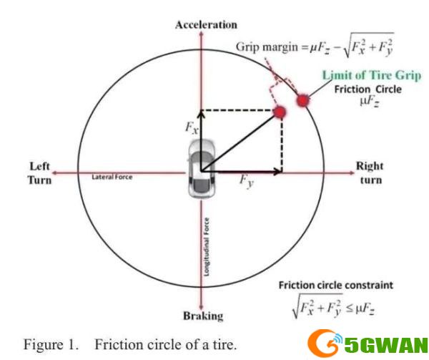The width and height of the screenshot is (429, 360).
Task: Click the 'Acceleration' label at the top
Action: (x=206, y=25)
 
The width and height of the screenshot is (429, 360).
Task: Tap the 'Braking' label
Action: (x=203, y=316)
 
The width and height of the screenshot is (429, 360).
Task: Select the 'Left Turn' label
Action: (x=39, y=173)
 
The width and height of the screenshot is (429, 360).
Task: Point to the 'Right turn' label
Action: (x=370, y=173)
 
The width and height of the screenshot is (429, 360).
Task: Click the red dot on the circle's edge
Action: (x=303, y=100)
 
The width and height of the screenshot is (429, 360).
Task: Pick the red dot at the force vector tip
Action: (x=280, y=112)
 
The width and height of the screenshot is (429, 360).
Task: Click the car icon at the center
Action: (x=202, y=168)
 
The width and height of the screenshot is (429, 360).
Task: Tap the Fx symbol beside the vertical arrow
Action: (x=192, y=128)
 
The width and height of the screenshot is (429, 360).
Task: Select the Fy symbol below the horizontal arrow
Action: (x=247, y=182)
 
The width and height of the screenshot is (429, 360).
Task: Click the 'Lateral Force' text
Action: (x=112, y=177)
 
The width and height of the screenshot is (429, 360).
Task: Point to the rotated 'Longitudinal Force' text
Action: (x=207, y=247)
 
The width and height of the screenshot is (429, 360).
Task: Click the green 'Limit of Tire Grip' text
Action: (x=372, y=75)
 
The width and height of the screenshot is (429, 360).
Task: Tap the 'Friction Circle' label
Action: (x=368, y=89)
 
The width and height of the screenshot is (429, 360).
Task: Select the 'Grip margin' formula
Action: (x=315, y=47)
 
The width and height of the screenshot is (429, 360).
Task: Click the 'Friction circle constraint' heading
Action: (x=336, y=286)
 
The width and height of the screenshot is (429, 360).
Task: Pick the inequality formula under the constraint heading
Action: (x=333, y=306)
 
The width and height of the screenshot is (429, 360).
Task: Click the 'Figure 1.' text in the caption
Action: (x=51, y=344)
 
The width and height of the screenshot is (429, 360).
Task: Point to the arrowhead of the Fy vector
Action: (x=278, y=172)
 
